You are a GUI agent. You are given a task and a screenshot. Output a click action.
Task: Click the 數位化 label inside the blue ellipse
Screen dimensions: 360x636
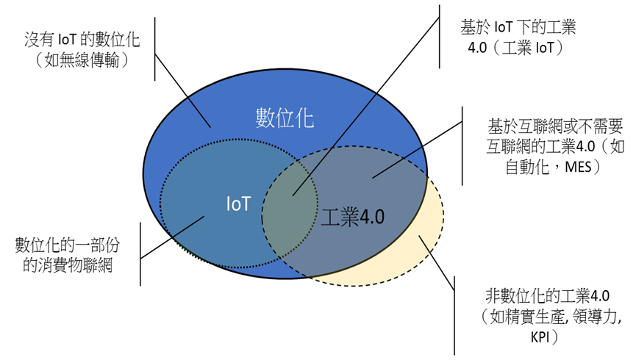[285, 118]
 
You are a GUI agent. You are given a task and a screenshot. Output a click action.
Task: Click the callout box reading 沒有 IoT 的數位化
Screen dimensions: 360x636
[82, 50]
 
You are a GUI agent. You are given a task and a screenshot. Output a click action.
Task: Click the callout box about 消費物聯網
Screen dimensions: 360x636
[68, 254]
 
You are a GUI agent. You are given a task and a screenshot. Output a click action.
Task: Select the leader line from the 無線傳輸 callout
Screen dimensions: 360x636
[199, 111]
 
